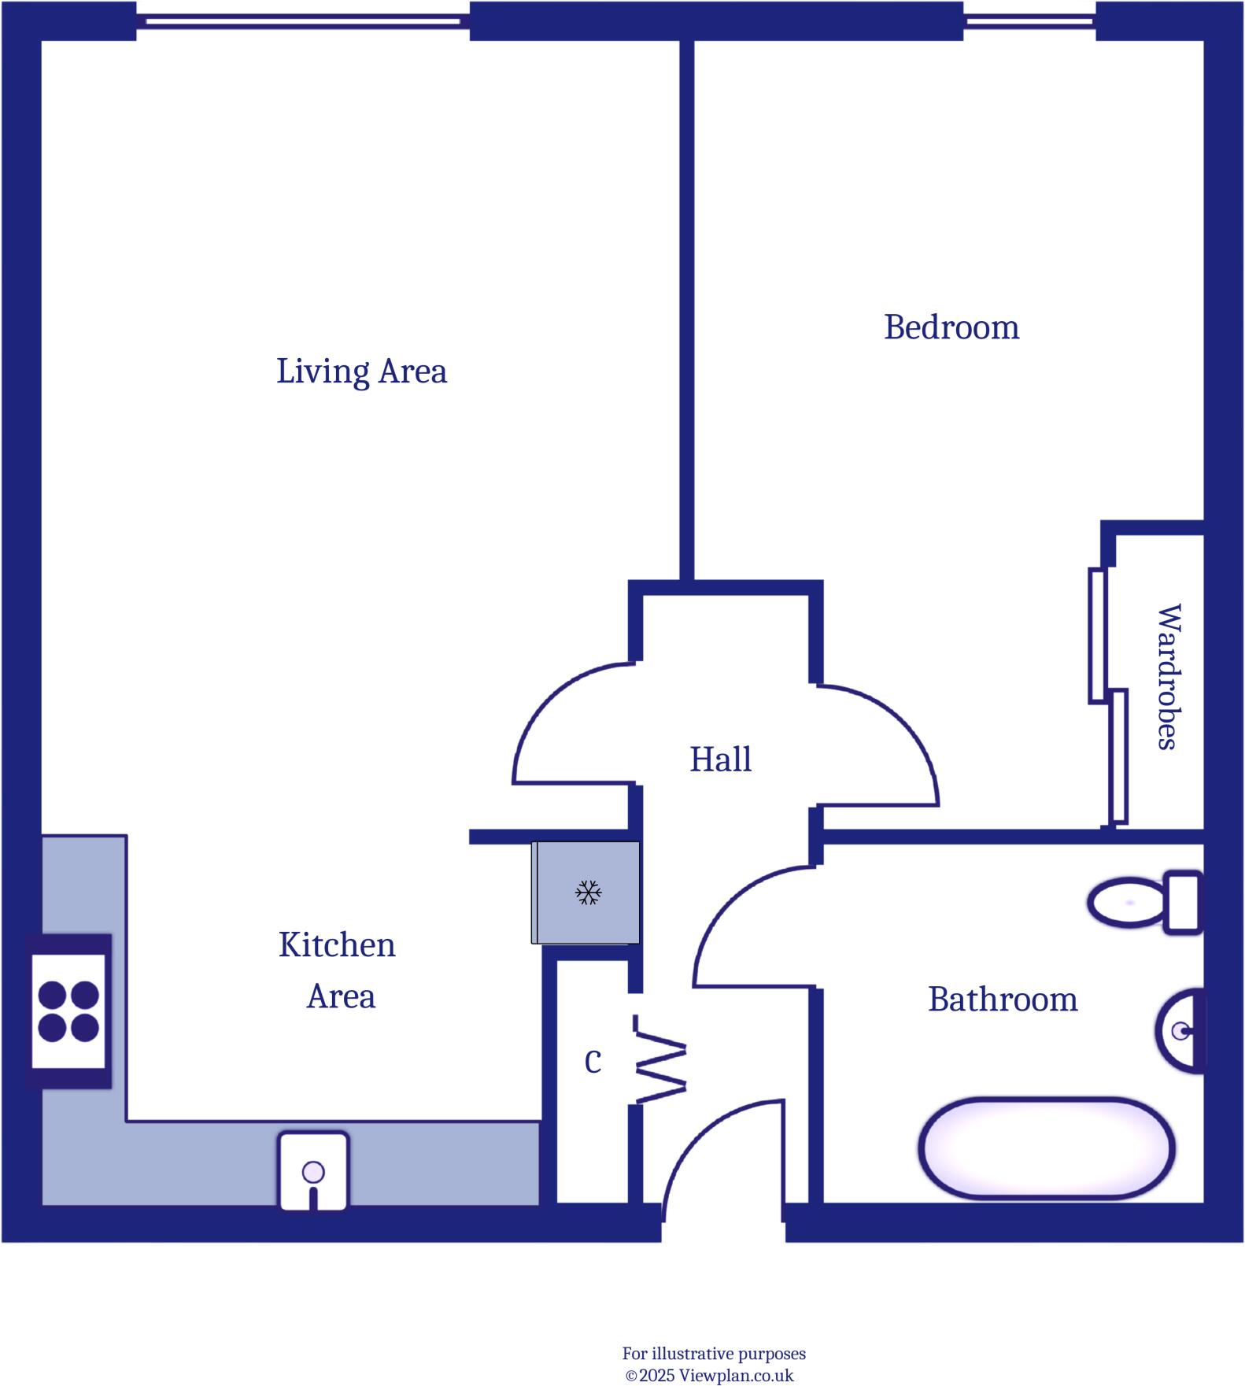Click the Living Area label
[x=361, y=371]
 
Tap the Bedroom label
[x=951, y=327]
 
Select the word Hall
[x=720, y=760]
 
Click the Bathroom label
[x=1002, y=1000]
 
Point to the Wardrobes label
[x=1168, y=677]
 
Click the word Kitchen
[x=337, y=944]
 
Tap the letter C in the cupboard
[x=593, y=1062]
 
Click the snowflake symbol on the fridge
[x=588, y=893]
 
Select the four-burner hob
[x=68, y=1011]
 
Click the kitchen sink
[x=313, y=1171]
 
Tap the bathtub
[x=1046, y=1148]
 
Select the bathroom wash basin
[x=1181, y=1030]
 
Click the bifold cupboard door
[x=659, y=1059]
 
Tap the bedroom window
[x=1029, y=20]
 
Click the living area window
[x=303, y=20]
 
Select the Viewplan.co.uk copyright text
[x=709, y=1376]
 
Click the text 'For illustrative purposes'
[x=714, y=1354]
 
